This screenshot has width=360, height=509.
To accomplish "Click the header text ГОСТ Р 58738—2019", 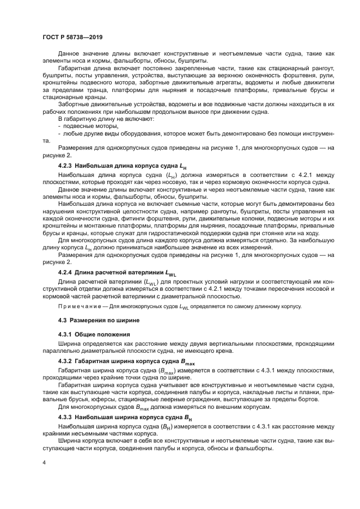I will click(72, 38).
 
